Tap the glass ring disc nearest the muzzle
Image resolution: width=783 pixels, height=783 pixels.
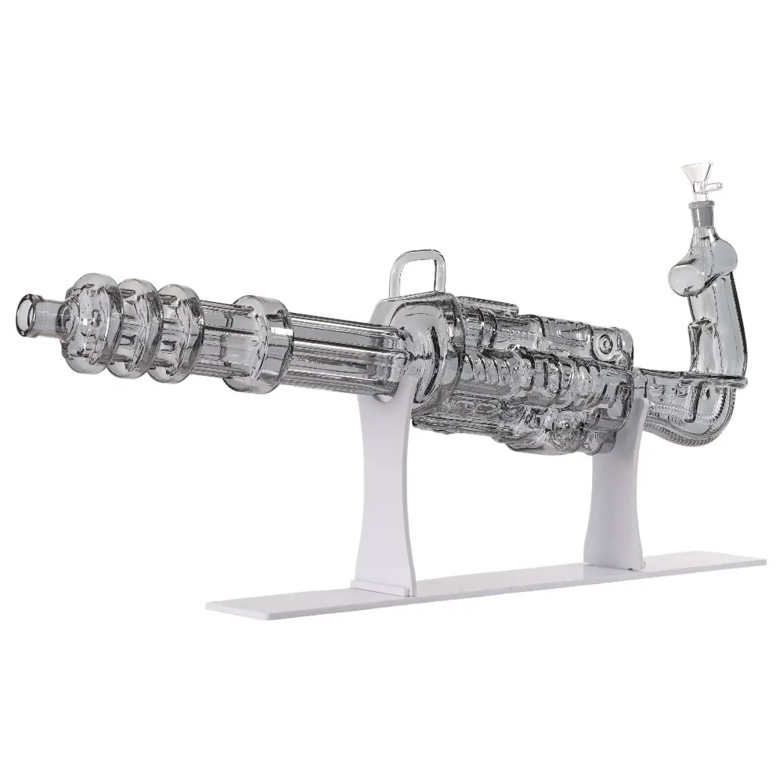[x=88, y=318]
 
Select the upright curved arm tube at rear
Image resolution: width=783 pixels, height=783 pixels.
[x=720, y=337]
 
